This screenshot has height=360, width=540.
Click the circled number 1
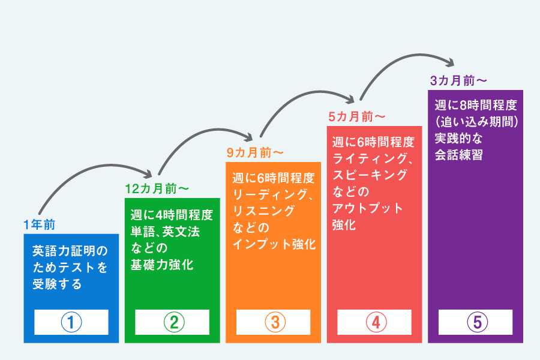point(71,322)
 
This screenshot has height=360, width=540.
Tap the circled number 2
point(174,322)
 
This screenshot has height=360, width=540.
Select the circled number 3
point(275,322)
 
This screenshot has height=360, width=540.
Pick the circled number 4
point(376,322)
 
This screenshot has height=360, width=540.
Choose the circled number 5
point(478,322)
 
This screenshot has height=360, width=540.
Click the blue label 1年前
point(39,224)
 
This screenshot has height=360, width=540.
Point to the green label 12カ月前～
point(157,189)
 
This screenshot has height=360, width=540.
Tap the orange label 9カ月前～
point(255,152)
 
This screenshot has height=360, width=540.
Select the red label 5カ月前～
point(356,117)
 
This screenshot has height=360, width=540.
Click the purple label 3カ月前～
point(458,80)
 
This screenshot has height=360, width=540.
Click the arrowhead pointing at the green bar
point(148,174)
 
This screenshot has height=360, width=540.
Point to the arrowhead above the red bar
point(350,99)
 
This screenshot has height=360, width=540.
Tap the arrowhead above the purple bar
point(451,62)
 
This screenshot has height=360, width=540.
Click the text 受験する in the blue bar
point(57,284)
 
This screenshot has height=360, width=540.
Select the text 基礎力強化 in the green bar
point(162,265)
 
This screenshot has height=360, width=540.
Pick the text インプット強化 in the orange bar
point(274,244)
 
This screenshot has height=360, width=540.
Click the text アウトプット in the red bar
point(367,208)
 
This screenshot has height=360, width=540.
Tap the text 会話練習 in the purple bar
point(459,155)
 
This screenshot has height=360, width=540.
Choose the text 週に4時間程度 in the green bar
point(172,215)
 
